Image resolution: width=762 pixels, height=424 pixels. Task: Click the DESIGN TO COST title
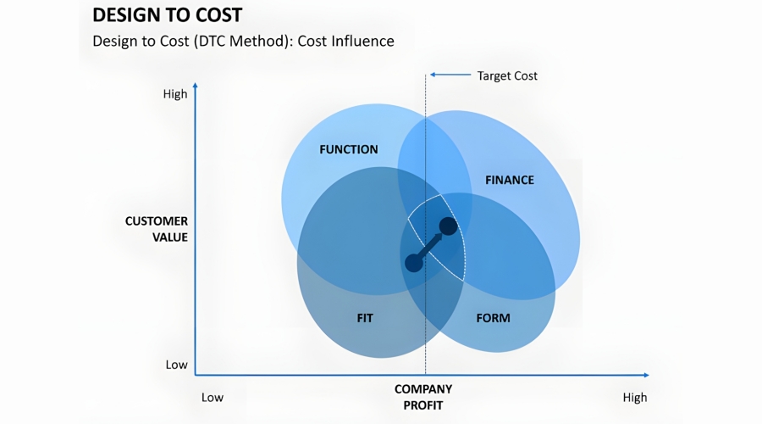coord(167,14)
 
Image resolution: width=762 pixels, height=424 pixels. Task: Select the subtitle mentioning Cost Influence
coord(243,41)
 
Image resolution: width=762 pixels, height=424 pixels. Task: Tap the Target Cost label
coord(507,75)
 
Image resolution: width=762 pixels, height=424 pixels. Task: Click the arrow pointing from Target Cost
coord(450,75)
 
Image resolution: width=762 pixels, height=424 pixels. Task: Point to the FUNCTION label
coord(348,149)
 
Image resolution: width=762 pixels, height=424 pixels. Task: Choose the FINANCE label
coord(509,180)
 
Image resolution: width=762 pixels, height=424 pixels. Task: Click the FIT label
coord(365,318)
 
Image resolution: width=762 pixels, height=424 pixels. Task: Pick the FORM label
coord(493,318)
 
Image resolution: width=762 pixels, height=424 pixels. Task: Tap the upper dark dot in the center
coord(448,226)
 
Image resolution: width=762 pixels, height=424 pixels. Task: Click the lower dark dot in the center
coord(413,263)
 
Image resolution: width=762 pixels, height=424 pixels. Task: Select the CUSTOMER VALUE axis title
coord(157,229)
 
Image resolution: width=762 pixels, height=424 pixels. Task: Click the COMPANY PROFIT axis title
coord(423,397)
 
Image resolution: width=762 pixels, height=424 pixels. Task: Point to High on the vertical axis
coord(175,94)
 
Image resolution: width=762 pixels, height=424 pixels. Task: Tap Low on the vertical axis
coord(176,365)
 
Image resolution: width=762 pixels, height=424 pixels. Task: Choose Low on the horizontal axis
coord(213,397)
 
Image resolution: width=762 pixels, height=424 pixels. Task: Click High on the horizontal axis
coord(634,397)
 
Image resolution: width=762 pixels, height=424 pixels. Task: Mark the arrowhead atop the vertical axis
coord(196,86)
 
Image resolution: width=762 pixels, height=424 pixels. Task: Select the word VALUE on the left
coord(170,237)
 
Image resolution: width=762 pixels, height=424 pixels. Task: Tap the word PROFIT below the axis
coord(423,405)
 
